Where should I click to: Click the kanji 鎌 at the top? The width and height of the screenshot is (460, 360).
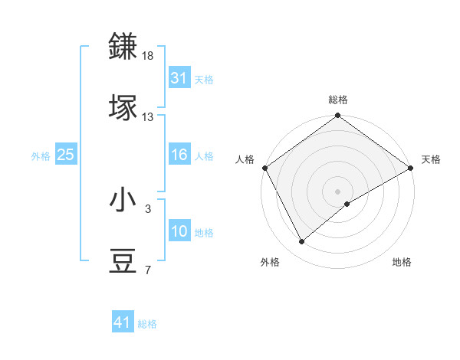coord(123,47)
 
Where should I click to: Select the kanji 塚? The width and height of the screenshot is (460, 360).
coord(123,108)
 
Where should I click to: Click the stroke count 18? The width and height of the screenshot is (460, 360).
coord(148,56)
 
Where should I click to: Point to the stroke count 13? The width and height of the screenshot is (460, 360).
coord(148,117)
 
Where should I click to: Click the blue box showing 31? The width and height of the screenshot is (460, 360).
coord(179,77)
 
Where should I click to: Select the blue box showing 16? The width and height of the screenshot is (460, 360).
coord(179,155)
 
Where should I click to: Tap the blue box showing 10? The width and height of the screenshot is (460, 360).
coord(179,231)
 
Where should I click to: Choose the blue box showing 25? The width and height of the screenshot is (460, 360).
coord(66,155)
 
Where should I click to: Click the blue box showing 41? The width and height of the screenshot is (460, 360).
coord(123,322)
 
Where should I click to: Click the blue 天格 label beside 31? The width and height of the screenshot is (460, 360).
coord(204,79)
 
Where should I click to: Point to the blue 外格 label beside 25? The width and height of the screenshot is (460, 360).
coord(41,156)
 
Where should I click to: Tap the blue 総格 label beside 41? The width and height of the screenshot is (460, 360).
coord(147,324)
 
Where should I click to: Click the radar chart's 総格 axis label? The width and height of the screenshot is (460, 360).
coord(338,100)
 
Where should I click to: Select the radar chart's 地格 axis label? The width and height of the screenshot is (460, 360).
coord(402,263)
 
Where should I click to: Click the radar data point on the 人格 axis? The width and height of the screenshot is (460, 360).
coord(264,168)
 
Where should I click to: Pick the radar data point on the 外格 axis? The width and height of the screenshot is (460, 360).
coord(301,241)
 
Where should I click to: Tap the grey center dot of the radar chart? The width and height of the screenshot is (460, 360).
coord(338,191)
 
